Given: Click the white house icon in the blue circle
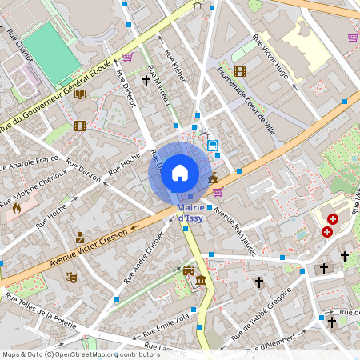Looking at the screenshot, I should [180, 172].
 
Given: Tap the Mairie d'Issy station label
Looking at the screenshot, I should [194, 213].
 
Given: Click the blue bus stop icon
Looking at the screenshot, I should [213, 146].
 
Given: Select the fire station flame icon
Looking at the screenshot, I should [17, 207].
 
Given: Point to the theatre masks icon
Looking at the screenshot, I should [70, 277].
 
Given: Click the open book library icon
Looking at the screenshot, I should [79, 94].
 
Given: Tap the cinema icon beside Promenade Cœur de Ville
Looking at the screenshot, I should [240, 71].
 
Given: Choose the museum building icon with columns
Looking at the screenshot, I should [199, 281].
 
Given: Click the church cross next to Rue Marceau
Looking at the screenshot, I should [146, 80].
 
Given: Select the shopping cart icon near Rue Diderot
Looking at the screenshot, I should [127, 57].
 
